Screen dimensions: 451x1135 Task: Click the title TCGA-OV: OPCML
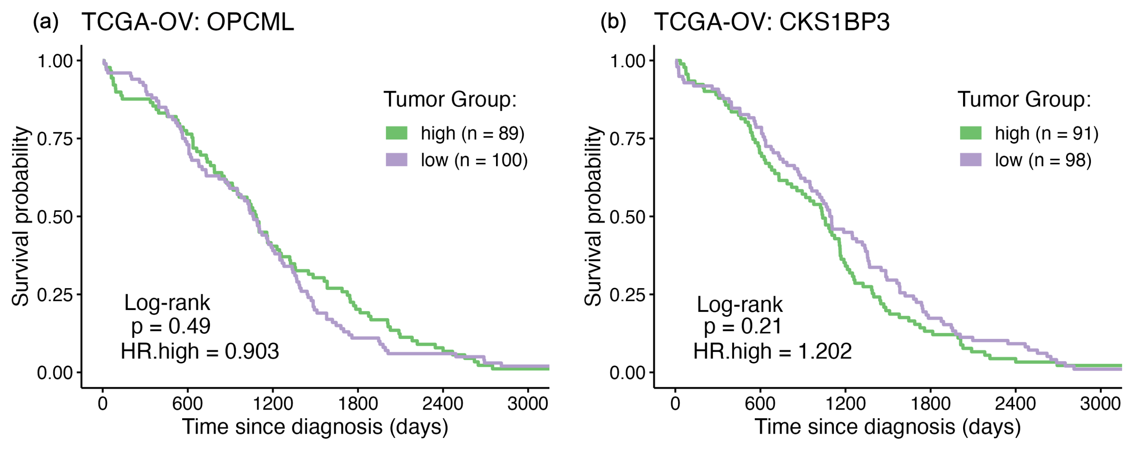point(188,22)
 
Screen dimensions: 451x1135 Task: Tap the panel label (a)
point(46,22)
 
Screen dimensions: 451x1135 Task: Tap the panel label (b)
point(613,22)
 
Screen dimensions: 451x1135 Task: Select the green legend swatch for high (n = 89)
point(396,133)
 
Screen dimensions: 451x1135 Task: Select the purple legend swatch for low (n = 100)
point(396,160)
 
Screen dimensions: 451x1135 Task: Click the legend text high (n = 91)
point(1046,133)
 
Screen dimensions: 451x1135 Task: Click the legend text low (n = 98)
point(1043,160)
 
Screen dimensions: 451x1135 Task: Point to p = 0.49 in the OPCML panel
point(171,326)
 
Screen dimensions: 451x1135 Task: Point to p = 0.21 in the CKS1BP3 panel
point(743,326)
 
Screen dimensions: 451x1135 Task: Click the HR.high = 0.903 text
point(199,351)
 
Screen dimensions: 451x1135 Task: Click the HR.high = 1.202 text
point(772,351)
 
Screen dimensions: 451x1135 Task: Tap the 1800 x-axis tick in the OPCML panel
point(357,403)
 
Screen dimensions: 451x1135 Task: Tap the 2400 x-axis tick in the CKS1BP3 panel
point(1015,403)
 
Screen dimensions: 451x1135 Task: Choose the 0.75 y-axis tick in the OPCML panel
point(55,139)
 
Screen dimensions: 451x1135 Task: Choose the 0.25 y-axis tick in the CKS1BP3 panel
point(627,295)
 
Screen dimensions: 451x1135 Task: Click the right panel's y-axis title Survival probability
point(593,216)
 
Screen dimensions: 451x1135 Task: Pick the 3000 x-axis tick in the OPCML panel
point(527,403)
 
